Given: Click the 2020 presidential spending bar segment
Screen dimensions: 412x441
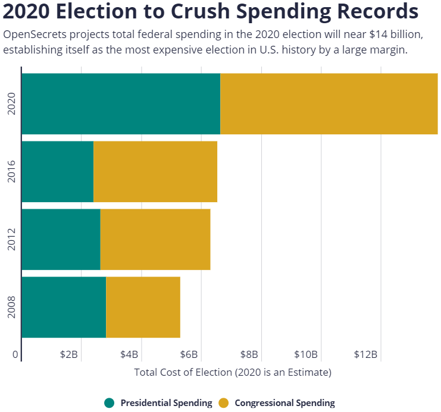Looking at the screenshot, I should [x=121, y=103].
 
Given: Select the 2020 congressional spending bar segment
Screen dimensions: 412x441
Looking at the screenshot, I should [x=329, y=103].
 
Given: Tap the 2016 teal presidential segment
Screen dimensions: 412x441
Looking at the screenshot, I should [x=58, y=171].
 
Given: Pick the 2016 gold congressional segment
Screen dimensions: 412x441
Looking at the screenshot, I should [x=155, y=171].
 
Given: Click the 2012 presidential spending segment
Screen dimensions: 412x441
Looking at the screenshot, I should [x=61, y=239].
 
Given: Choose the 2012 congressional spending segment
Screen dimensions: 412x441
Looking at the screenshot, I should [x=155, y=239].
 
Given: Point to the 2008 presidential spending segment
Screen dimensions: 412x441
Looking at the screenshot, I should [x=64, y=307].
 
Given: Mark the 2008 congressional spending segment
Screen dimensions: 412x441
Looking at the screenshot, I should [x=143, y=307].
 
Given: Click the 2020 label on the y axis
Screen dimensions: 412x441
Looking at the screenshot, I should [x=11, y=103].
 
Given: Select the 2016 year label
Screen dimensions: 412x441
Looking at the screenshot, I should [x=11, y=171].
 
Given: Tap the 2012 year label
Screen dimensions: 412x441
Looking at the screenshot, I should [x=11, y=239].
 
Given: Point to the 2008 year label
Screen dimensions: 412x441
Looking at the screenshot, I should [x=11, y=307].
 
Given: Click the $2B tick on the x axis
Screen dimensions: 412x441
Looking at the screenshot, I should [x=69, y=354].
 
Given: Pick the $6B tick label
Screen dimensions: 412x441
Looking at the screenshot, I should [x=189, y=354].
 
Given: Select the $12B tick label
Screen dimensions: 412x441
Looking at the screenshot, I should [x=365, y=354].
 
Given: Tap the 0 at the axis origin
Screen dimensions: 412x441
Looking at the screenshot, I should [x=16, y=354].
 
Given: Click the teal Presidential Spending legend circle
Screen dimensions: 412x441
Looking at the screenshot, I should [x=110, y=403].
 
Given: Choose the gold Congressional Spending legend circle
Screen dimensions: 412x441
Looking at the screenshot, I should [x=224, y=403].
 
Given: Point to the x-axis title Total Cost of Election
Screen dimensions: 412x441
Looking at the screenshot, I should [x=232, y=373].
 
